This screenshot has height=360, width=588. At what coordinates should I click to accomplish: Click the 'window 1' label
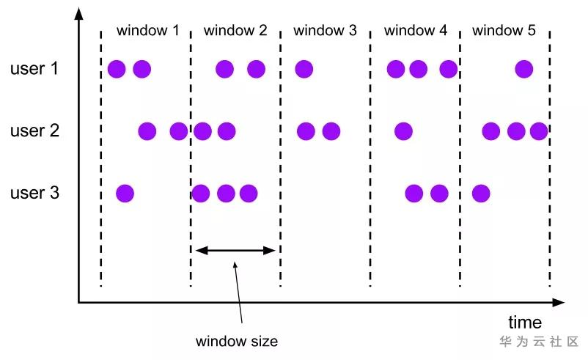pos(147,31)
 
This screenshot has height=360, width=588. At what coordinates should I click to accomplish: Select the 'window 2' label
pos(235,31)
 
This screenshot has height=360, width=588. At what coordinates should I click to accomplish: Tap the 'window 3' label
pos(325,31)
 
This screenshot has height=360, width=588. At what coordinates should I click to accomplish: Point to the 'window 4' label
pos(415,31)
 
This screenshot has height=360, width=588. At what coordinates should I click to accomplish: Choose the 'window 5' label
pos(504,31)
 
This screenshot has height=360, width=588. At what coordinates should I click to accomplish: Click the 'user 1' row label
pos(34,70)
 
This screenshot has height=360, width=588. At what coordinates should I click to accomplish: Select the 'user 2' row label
pos(34,132)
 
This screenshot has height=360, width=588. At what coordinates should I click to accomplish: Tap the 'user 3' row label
pos(34,194)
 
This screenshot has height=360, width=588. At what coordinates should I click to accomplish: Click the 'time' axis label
pos(525,323)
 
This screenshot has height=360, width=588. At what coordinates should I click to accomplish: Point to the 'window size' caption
pos(237,342)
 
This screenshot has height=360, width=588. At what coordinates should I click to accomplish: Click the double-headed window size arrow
pos(235,251)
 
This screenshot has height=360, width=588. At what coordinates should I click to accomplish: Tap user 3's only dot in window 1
pos(125,194)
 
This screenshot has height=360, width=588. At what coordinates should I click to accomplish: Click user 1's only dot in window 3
pos(304,70)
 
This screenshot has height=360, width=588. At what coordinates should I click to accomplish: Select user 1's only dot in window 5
pos(523,70)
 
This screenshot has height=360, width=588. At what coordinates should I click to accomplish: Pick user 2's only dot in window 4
pos(403,132)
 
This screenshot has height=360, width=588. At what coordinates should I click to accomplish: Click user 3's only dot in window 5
pos(480,194)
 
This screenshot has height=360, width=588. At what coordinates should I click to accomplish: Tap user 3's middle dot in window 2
pos(226,194)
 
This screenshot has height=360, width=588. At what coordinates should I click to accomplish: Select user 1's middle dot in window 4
pos(418,70)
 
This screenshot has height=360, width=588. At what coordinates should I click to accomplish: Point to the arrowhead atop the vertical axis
pos(78,14)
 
